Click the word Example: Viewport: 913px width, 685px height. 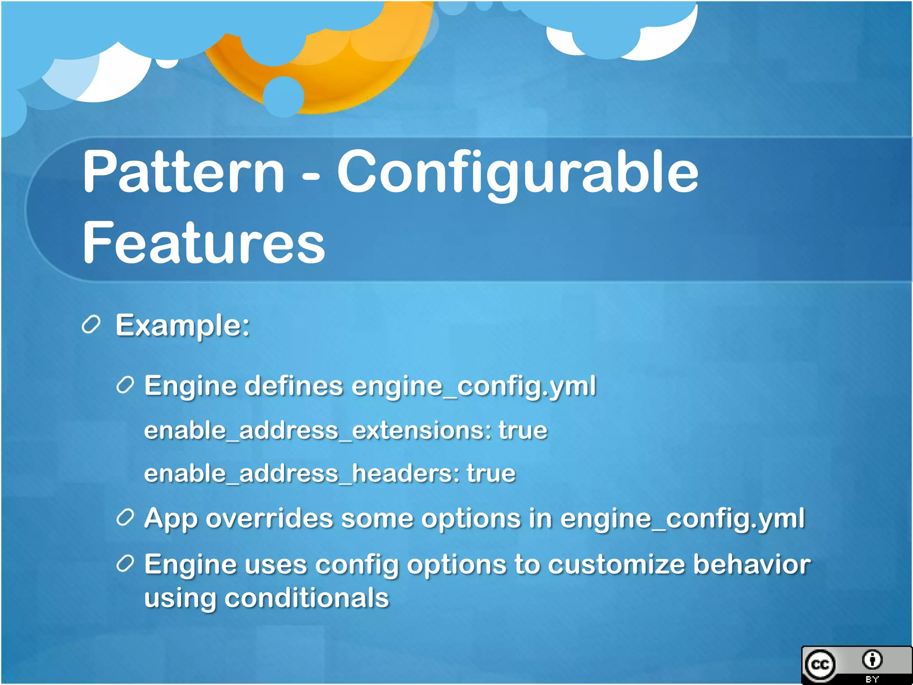click(182, 326)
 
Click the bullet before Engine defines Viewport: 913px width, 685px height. click(125, 385)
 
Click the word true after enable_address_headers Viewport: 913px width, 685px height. click(491, 474)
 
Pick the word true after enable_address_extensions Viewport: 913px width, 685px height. click(522, 431)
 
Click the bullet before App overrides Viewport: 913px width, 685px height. click(125, 517)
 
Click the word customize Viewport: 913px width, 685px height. click(616, 565)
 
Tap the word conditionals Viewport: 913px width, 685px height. click(307, 598)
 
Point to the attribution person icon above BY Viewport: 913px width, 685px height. click(872, 660)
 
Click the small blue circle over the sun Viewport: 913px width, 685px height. click(284, 96)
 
